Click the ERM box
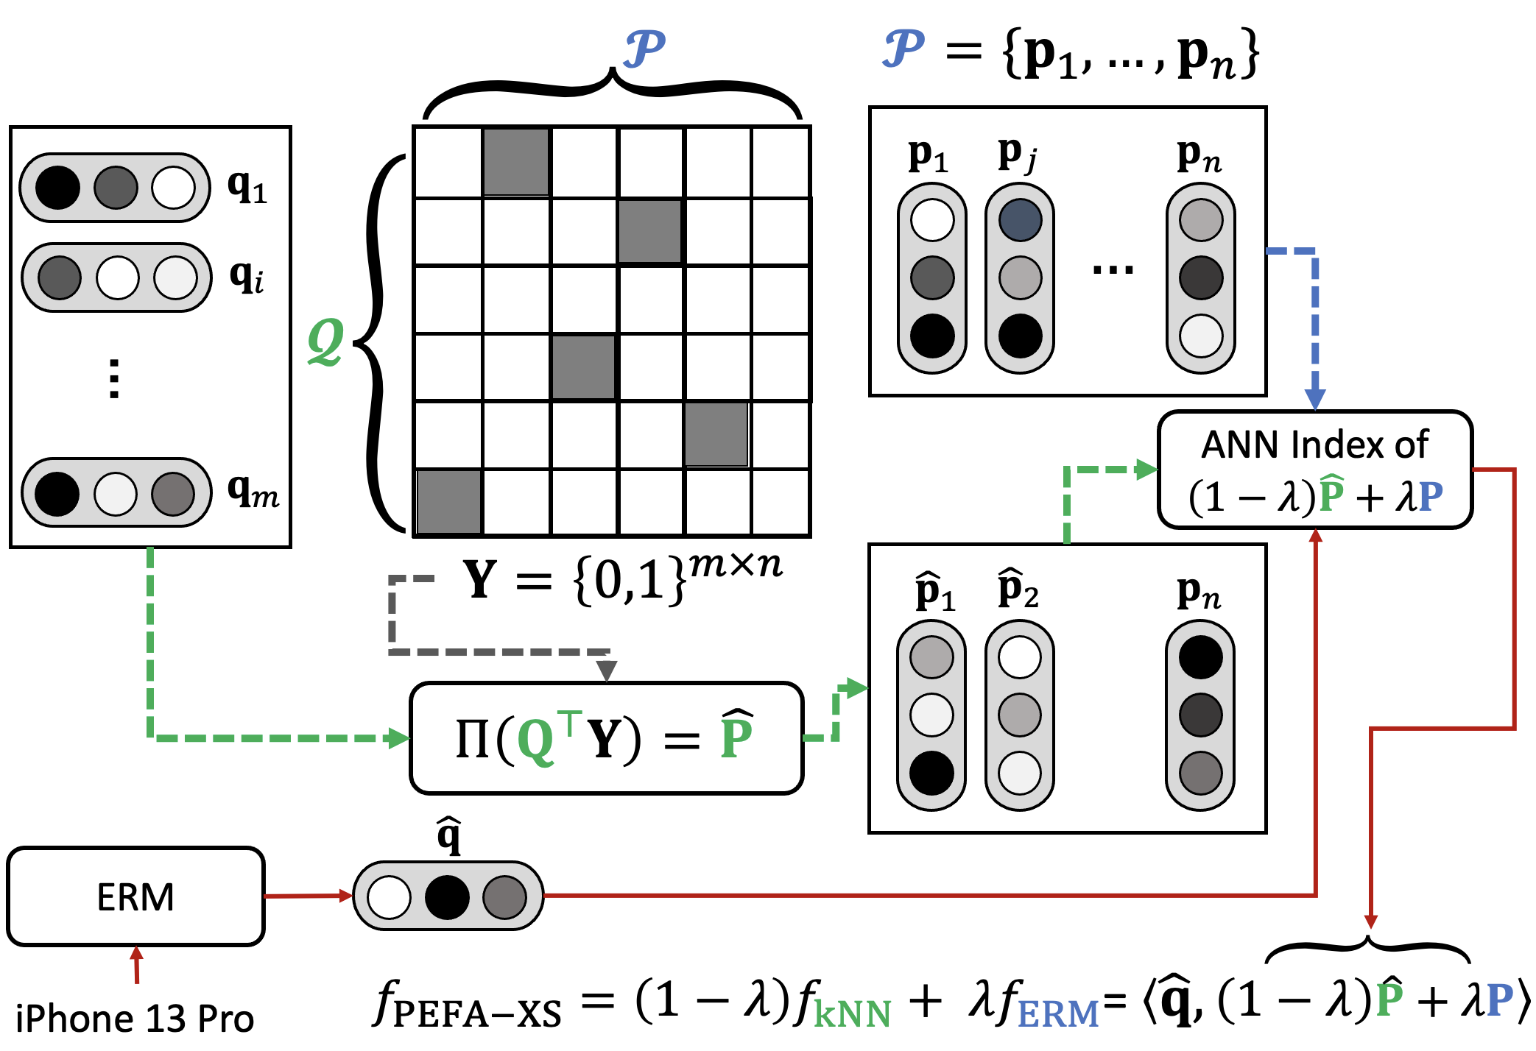[x=135, y=896]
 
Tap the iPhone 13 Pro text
[x=135, y=1019]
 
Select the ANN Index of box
[x=1315, y=470]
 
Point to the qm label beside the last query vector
[x=253, y=491]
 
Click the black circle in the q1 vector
[x=57, y=188]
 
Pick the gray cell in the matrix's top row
[x=516, y=162]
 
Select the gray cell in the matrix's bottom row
[x=448, y=502]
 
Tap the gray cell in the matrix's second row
[x=650, y=230]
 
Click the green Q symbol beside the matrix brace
[x=325, y=342]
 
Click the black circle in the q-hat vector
[x=447, y=897]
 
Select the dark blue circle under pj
[x=1020, y=220]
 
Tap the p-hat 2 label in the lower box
[x=1018, y=591]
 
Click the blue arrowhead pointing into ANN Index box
[x=1315, y=399]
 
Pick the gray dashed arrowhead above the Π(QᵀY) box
[x=606, y=670]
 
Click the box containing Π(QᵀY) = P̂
[x=606, y=738]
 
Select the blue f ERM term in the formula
[x=1035, y=1006]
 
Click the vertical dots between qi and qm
[x=114, y=378]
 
